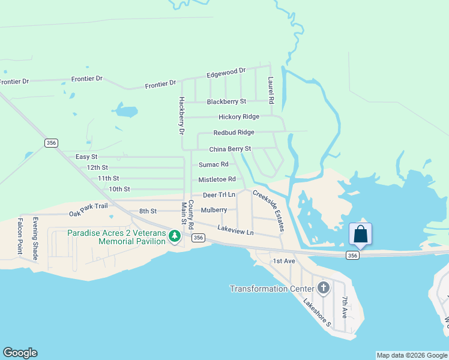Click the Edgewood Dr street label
(x=226, y=73)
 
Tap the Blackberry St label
(x=226, y=102)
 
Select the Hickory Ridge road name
(x=238, y=117)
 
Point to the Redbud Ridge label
(x=234, y=133)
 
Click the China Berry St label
(x=230, y=149)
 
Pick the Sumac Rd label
(x=213, y=164)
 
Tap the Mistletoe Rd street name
(x=217, y=179)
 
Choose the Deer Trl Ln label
(x=218, y=195)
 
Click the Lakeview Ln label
(x=235, y=230)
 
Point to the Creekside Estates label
(x=268, y=211)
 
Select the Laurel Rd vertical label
(x=271, y=91)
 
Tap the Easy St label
(x=86, y=157)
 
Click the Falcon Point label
(x=20, y=236)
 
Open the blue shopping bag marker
(x=360, y=234)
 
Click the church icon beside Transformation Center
(x=324, y=289)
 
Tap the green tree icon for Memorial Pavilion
(x=175, y=237)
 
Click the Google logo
(x=20, y=353)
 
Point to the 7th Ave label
(x=345, y=307)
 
